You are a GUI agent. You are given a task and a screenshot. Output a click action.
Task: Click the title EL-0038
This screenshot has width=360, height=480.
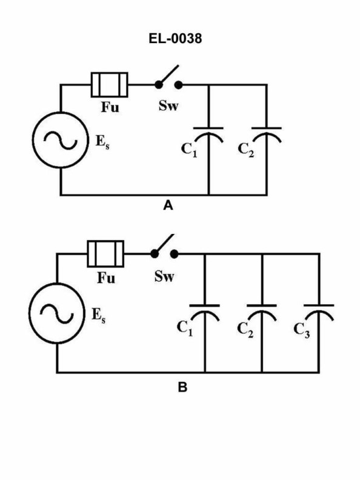(179, 39)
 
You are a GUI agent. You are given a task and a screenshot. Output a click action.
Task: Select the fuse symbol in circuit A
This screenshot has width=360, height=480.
(110, 85)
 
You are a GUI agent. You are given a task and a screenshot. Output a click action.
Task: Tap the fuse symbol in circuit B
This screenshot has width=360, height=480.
(106, 253)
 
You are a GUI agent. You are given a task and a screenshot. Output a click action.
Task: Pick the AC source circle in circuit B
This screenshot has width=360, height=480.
(56, 309)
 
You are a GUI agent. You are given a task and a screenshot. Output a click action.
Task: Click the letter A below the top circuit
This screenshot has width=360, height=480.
(168, 207)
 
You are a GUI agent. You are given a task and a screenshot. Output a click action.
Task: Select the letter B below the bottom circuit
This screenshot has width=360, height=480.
(182, 387)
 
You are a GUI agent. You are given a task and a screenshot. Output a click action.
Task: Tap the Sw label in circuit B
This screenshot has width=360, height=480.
(164, 278)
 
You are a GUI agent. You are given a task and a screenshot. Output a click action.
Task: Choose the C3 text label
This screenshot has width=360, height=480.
(302, 330)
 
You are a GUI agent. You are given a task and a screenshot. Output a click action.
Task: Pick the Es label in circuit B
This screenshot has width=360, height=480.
(97, 315)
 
